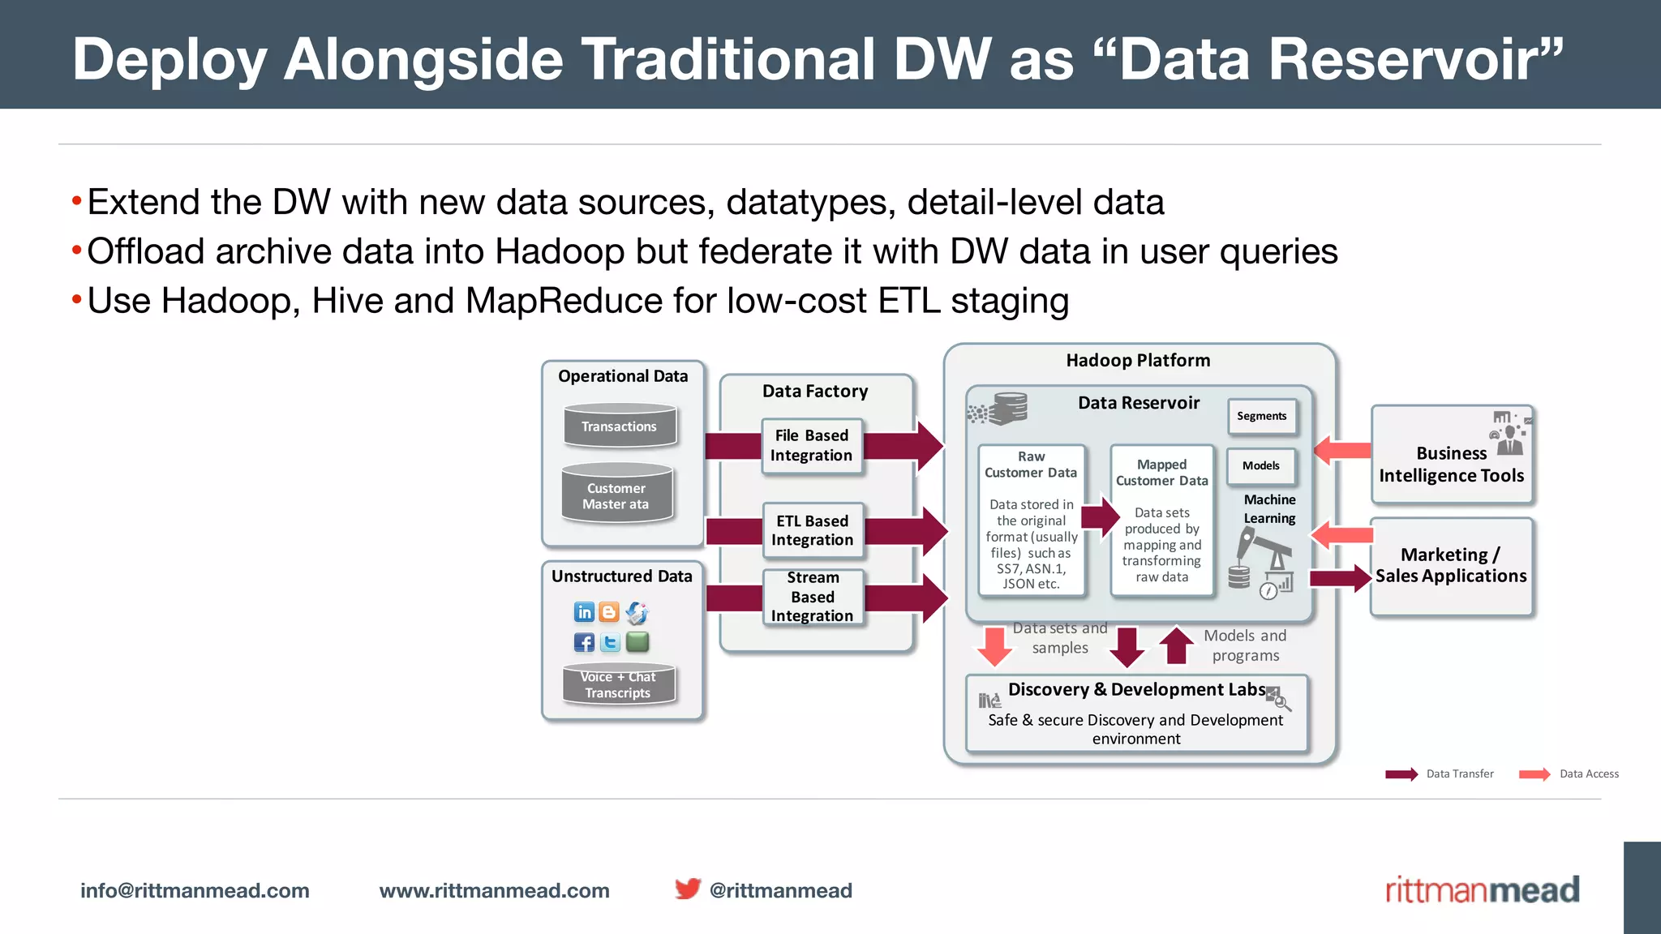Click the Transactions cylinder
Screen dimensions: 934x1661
coord(620,426)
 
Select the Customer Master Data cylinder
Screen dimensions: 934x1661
coord(616,495)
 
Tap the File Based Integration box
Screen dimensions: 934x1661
coord(811,446)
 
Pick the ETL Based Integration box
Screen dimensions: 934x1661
coord(812,530)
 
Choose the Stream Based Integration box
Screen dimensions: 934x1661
coord(812,597)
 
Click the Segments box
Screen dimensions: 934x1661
coord(1261,416)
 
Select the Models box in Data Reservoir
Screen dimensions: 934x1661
coord(1260,465)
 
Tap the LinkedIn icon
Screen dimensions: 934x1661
coord(584,612)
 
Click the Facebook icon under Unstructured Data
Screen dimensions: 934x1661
coord(584,643)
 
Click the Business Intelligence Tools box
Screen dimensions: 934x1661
coord(1451,455)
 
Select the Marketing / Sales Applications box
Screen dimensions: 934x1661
coord(1451,566)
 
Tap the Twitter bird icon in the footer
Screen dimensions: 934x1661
coord(688,889)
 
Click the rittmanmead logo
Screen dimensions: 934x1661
coord(1482,889)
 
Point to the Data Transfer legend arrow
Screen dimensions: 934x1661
coord(1401,774)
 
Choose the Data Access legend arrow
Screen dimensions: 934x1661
coord(1534,774)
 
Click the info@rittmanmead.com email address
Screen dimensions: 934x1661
coord(195,890)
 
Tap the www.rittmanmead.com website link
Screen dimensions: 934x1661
coord(494,890)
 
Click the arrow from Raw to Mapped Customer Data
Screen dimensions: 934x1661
coord(1101,516)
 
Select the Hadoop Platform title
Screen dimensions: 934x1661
coord(1138,361)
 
